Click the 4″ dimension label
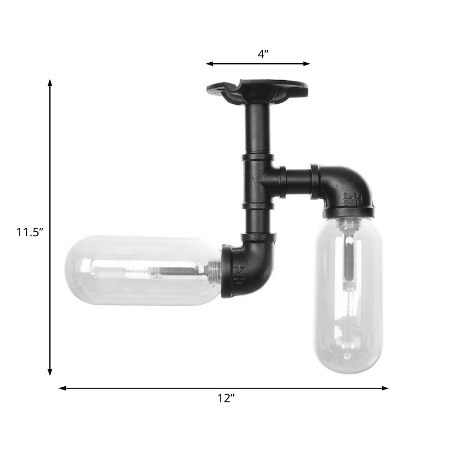tap(263, 54)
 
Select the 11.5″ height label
tap(30, 232)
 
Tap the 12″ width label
tap(226, 399)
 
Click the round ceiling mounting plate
tap(257, 90)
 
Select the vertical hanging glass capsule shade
tap(348, 295)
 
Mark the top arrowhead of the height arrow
tap(50, 83)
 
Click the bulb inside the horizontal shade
tap(148, 271)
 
